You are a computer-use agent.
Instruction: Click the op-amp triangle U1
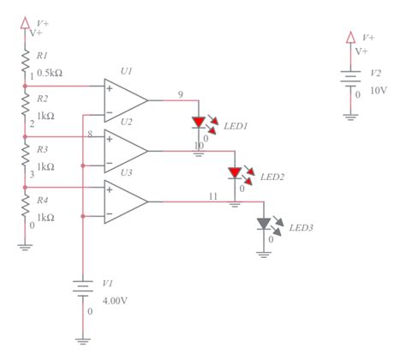[124, 99]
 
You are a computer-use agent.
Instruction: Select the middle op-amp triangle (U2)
[124, 151]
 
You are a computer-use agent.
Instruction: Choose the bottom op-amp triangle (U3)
[124, 201]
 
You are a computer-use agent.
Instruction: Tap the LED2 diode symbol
[233, 172]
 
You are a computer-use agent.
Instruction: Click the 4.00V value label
[115, 301]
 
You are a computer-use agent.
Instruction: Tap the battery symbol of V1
[82, 289]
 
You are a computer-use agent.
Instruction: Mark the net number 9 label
[180, 93]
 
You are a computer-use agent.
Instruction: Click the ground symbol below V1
[82, 339]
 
